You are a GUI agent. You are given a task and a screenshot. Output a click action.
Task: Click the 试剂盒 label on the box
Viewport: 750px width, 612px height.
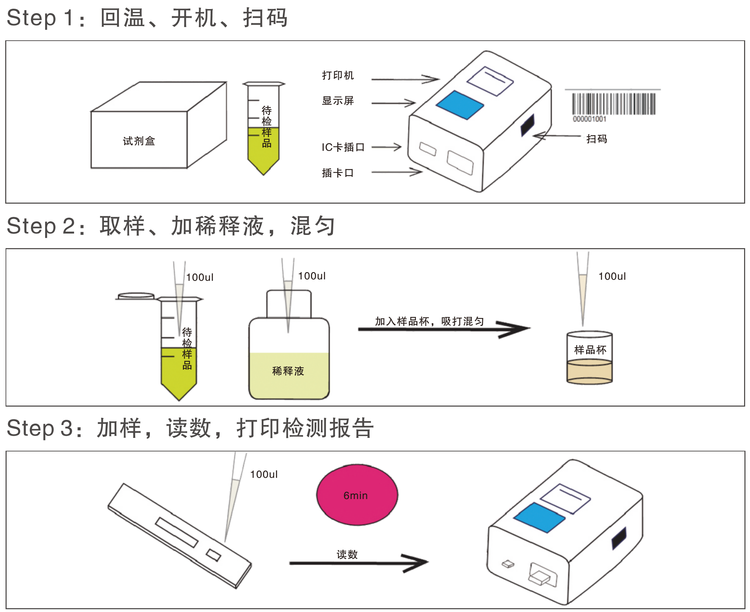[139, 141]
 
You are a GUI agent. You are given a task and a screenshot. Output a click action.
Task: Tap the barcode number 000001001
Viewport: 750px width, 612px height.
[589, 119]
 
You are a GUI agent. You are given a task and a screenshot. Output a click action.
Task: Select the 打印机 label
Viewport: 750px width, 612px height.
[337, 75]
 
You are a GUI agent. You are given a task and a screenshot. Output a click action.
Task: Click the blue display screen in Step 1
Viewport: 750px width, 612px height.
[460, 105]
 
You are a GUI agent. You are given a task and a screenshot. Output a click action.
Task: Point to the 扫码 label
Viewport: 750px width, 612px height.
[597, 139]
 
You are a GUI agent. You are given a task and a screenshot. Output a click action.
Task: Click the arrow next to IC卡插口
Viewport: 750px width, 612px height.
[386, 147]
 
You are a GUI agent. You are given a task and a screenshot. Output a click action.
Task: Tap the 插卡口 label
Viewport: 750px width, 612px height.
[337, 173]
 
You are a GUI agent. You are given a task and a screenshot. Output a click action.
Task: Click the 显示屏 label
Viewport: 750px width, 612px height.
[337, 101]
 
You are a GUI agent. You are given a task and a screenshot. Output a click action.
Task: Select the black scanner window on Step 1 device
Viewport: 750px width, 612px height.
[528, 125]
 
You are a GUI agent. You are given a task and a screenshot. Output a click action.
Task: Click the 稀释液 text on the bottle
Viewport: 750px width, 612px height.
[288, 371]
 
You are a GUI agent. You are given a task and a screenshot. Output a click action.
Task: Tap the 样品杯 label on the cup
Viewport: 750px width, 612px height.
[590, 350]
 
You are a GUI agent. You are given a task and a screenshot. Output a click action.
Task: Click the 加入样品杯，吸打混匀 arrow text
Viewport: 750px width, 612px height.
[429, 321]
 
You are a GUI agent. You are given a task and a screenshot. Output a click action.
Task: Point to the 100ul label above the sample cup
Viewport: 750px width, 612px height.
[612, 276]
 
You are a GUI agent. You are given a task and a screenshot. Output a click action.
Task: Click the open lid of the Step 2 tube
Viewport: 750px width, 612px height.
[136, 296]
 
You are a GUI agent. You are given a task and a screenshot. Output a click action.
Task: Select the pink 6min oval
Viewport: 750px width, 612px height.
[357, 495]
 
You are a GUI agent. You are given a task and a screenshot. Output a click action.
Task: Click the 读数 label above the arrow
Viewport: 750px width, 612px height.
[347, 555]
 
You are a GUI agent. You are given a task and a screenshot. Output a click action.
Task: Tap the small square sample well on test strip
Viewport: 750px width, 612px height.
[213, 555]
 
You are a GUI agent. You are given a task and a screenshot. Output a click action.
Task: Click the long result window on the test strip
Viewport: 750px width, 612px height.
[177, 532]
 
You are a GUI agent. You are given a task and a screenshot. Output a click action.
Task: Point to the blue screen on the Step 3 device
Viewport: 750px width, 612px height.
[539, 517]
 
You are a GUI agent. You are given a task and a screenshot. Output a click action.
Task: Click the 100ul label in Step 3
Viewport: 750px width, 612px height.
[264, 474]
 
